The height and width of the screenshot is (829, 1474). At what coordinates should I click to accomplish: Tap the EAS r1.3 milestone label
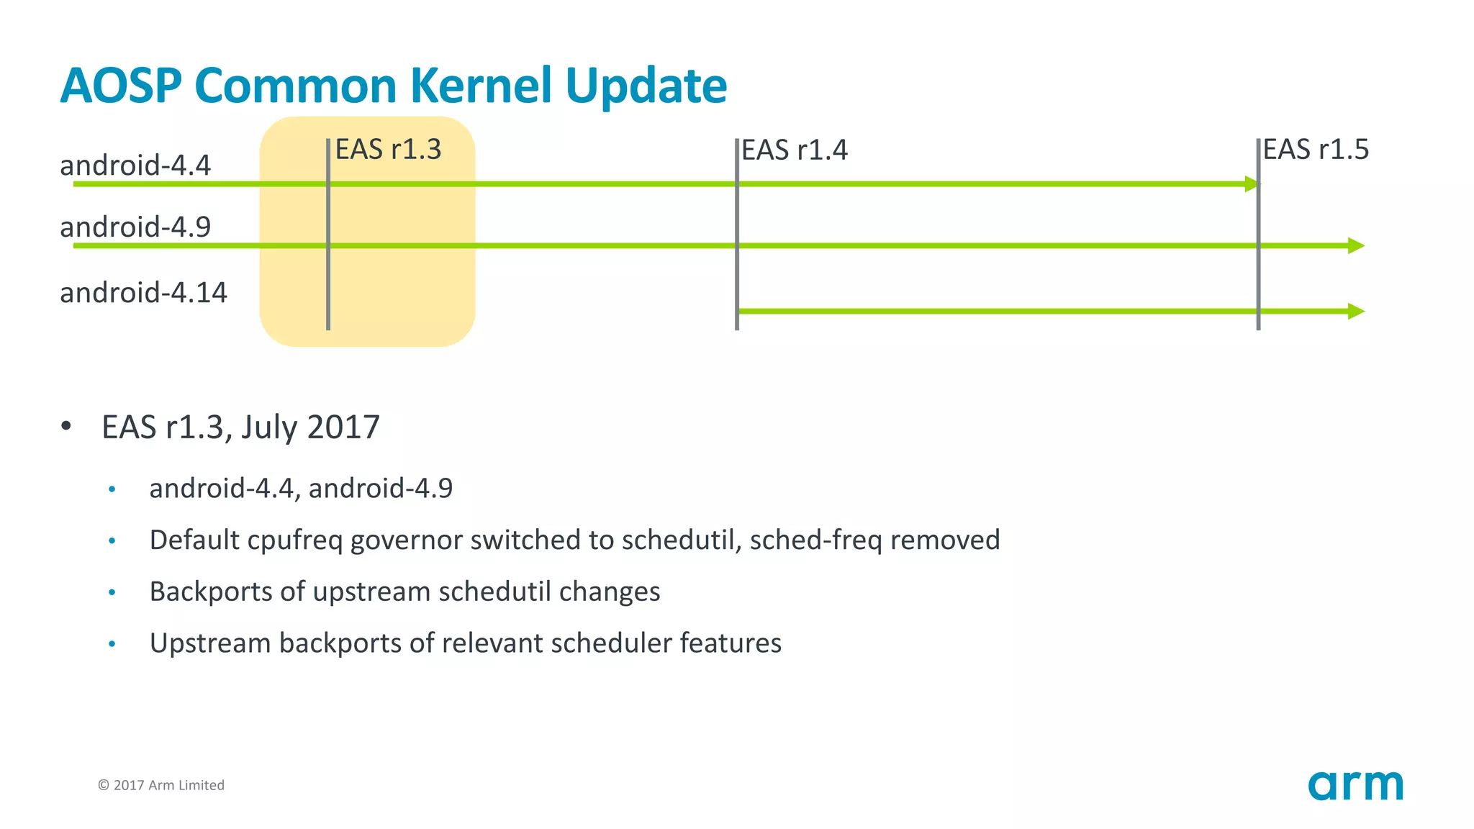(388, 150)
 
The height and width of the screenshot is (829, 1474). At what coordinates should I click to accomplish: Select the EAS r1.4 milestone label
(795, 150)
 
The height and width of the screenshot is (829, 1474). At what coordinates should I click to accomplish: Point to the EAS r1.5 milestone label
(1316, 150)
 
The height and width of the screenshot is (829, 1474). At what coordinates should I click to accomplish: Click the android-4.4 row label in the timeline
(135, 166)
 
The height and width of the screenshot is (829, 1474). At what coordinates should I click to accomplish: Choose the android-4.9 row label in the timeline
(135, 227)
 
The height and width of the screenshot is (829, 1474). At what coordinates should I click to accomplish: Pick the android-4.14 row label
(143, 293)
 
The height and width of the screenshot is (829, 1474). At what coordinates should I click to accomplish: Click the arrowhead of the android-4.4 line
(1252, 184)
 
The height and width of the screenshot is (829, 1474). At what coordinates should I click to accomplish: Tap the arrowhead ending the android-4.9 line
(1356, 246)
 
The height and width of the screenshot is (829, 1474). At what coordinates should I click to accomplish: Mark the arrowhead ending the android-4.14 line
(1356, 312)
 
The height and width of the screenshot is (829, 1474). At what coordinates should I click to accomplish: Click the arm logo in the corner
(1355, 785)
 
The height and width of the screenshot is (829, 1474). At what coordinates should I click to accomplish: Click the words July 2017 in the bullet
(310, 427)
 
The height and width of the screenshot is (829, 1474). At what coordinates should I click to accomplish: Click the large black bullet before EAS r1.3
(66, 426)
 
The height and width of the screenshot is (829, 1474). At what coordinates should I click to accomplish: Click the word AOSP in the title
(121, 86)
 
